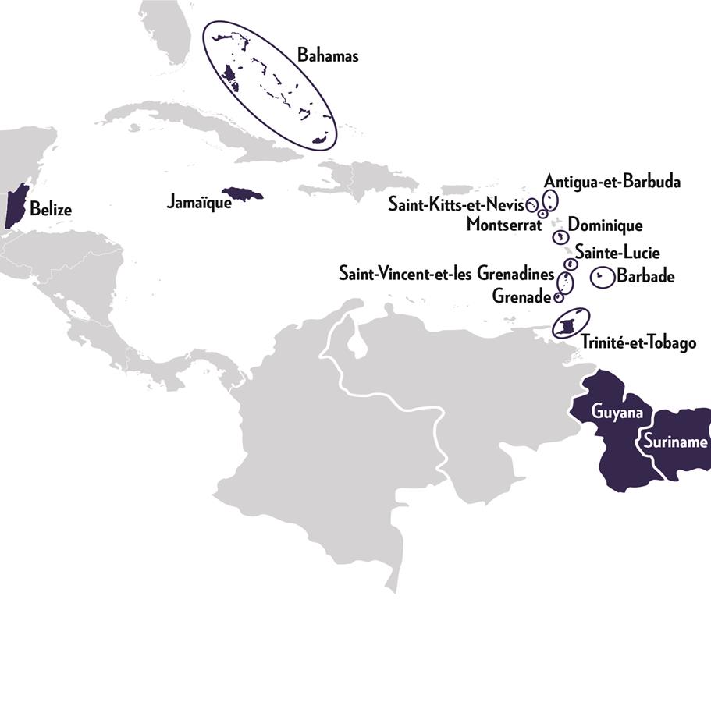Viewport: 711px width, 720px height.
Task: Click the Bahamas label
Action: (328, 55)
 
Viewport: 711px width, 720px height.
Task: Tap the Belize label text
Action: (51, 209)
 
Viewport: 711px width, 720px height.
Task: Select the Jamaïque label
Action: (199, 203)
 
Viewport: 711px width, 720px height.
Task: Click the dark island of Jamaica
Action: (242, 193)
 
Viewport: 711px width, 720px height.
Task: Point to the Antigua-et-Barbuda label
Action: (613, 182)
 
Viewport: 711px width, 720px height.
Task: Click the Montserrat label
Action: (503, 225)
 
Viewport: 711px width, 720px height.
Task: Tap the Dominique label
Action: (605, 225)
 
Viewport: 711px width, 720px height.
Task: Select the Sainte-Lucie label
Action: (617, 252)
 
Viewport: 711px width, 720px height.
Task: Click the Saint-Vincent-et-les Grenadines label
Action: (446, 275)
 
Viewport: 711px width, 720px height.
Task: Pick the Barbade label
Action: (645, 275)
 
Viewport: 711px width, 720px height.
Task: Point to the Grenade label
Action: (521, 296)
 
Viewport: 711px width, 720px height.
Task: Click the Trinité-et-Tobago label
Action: (638, 342)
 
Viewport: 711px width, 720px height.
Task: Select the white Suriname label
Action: (674, 442)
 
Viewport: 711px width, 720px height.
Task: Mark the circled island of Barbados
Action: (601, 276)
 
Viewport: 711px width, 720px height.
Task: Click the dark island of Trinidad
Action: (568, 324)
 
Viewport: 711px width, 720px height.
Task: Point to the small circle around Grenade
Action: (558, 297)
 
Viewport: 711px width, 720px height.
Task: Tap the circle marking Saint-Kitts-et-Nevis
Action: (533, 206)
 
